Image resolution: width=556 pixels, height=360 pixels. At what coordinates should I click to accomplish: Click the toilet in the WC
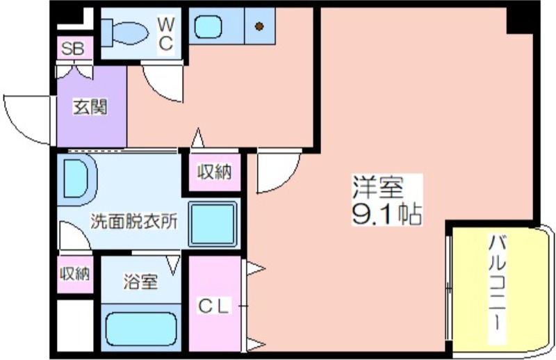[124, 33]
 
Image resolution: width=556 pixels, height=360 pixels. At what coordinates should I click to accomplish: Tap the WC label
[165, 34]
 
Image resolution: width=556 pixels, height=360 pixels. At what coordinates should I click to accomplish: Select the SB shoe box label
[73, 49]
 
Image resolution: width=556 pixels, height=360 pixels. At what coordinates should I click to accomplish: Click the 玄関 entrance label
[90, 106]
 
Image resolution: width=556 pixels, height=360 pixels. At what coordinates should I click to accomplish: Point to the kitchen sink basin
[208, 26]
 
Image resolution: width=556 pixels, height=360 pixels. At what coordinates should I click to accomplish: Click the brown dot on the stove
[259, 26]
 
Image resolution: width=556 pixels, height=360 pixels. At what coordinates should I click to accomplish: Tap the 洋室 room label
[378, 187]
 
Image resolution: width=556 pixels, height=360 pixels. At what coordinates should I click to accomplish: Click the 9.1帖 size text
[387, 213]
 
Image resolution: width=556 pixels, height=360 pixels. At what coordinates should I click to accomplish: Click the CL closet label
[213, 306]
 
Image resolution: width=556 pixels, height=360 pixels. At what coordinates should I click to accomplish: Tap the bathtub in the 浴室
[141, 329]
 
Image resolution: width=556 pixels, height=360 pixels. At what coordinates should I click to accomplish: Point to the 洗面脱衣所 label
[133, 221]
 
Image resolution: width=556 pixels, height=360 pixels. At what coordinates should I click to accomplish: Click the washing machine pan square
[213, 224]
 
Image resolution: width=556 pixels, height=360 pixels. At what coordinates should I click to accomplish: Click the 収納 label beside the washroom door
[215, 172]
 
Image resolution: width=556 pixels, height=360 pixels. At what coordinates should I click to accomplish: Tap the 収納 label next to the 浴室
[75, 274]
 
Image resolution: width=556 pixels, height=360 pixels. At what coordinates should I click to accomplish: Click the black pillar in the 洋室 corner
[519, 21]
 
